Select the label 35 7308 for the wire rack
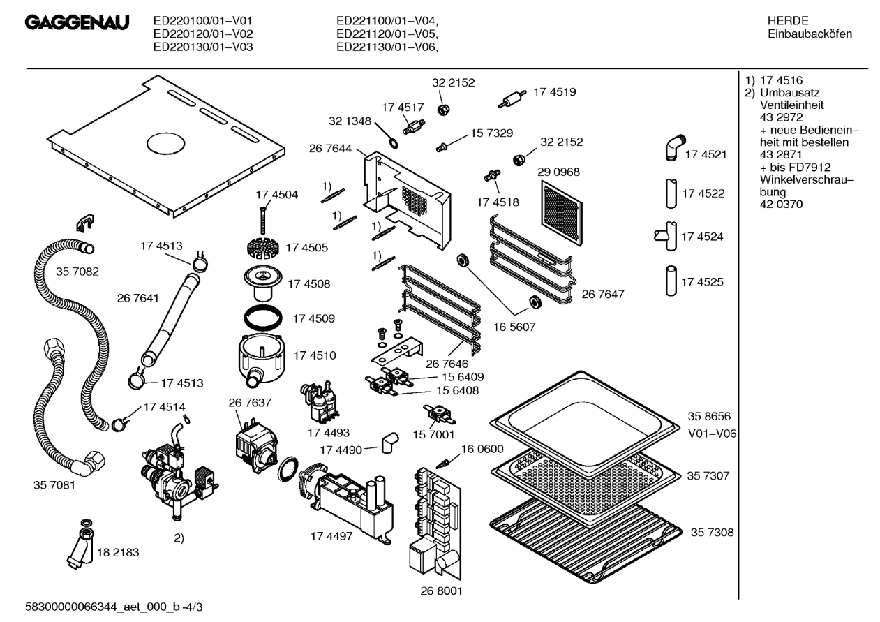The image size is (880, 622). click(x=711, y=533)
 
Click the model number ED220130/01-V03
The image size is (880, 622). click(x=202, y=47)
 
